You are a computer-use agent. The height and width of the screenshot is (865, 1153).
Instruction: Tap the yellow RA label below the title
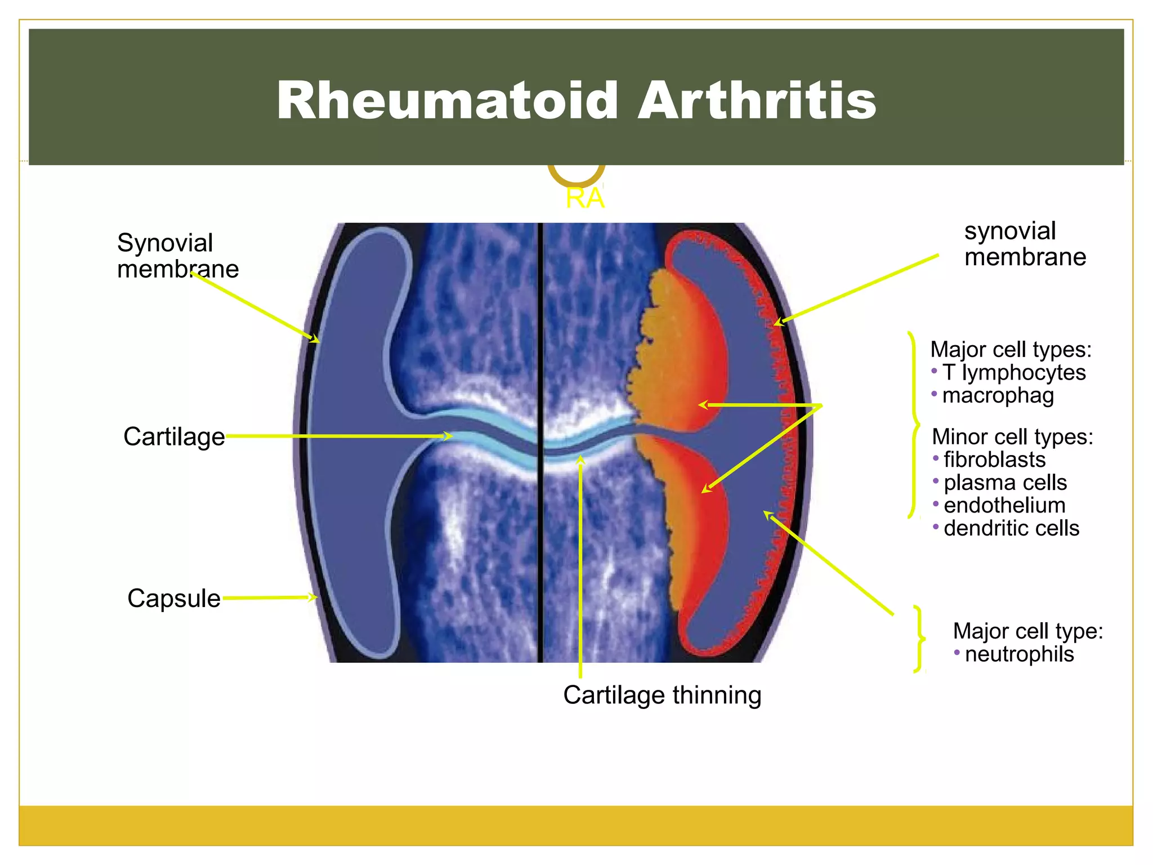tap(585, 198)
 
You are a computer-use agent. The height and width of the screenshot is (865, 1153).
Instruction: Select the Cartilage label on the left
tap(174, 437)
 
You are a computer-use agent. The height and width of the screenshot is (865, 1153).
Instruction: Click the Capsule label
tap(174, 598)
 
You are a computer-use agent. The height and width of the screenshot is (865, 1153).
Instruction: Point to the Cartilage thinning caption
tap(662, 695)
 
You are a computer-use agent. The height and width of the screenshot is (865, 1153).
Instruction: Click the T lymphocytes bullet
tap(1014, 372)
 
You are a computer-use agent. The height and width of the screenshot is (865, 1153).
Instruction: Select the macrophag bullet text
tap(998, 396)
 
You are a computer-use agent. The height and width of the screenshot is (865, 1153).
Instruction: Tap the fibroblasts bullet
tap(994, 460)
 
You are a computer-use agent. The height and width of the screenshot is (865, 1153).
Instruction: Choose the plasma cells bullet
tap(1005, 483)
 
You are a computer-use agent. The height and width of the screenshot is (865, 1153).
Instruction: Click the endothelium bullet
tap(1004, 505)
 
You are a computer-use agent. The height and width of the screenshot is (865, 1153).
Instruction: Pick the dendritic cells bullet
tap(1012, 528)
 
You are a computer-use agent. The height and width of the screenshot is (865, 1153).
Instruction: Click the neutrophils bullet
tap(1019, 654)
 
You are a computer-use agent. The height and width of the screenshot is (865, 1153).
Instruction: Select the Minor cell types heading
tap(1012, 436)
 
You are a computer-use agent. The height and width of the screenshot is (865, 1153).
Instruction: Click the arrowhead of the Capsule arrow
tap(313, 597)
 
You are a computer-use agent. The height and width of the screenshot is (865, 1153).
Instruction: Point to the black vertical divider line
tap(540, 443)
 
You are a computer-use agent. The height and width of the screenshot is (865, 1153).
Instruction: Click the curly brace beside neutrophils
tap(919, 639)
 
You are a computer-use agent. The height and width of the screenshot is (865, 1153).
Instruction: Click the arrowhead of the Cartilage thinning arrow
tap(580, 460)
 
